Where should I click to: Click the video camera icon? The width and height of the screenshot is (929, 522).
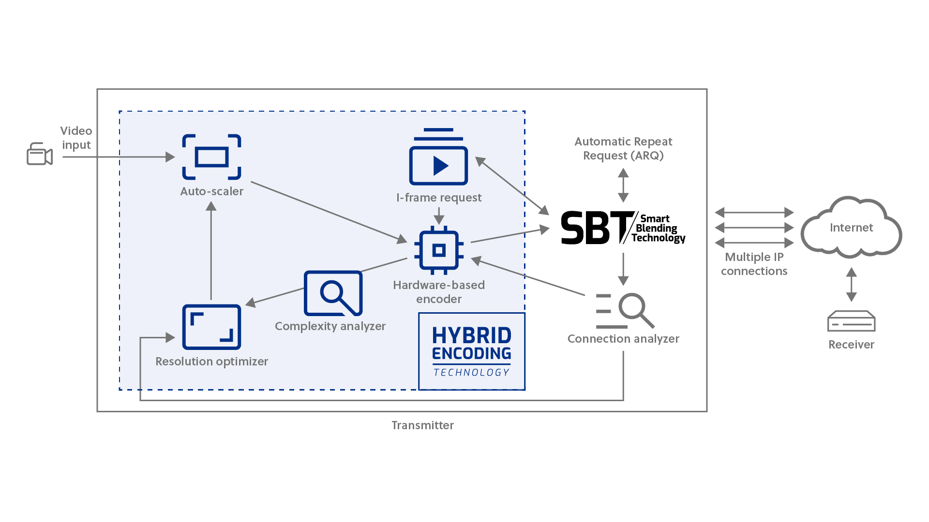click(39, 154)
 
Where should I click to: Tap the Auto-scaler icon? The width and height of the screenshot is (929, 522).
click(211, 157)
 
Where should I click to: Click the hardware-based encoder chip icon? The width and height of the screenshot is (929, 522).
click(439, 250)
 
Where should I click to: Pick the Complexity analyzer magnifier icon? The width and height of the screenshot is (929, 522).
click(333, 293)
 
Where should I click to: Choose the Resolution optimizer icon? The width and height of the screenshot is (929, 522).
click(211, 327)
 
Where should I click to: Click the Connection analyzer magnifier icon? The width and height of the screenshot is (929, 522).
click(626, 311)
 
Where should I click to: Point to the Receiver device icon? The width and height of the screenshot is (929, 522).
click(851, 321)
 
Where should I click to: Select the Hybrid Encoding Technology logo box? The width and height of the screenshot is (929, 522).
click(472, 351)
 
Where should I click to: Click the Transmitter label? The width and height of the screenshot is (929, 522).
click(422, 425)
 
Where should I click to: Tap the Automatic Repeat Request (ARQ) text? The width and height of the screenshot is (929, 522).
click(623, 148)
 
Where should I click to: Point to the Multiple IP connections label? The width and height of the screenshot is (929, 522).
click(754, 264)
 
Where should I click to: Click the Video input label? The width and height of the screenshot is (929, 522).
click(76, 138)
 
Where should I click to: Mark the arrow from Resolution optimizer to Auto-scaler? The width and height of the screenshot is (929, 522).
click(211, 251)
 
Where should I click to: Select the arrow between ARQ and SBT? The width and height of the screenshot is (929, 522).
click(623, 185)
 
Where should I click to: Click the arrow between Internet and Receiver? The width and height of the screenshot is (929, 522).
click(851, 285)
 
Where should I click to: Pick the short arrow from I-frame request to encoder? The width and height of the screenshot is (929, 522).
click(439, 216)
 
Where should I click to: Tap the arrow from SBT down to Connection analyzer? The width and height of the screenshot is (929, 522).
click(623, 269)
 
